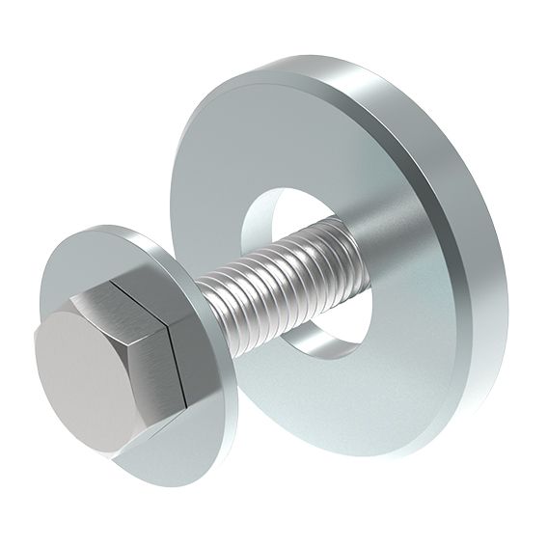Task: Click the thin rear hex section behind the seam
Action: (x=182, y=367)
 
